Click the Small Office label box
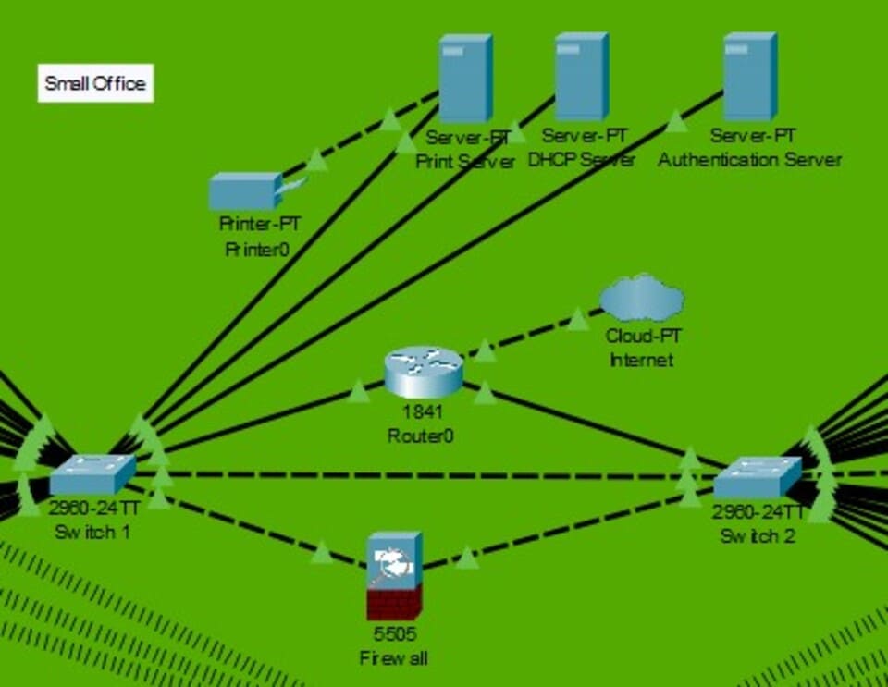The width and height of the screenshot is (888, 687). coord(95,83)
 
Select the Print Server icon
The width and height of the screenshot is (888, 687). coord(464,79)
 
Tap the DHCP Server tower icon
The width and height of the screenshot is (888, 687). coord(581,77)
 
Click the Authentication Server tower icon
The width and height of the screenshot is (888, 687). coord(749,77)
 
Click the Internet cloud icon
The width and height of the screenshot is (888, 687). coord(641,299)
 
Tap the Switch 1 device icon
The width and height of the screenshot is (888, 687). coord(92,474)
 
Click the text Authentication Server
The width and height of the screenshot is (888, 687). coord(749,159)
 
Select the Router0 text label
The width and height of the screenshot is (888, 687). coord(421,435)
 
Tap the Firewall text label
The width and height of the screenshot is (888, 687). coord(394,658)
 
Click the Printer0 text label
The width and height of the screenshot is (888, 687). coord(251,248)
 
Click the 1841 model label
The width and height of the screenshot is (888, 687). coord(421,412)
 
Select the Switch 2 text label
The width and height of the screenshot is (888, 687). coord(758,535)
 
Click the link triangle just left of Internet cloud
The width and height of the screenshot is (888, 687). coord(578,320)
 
